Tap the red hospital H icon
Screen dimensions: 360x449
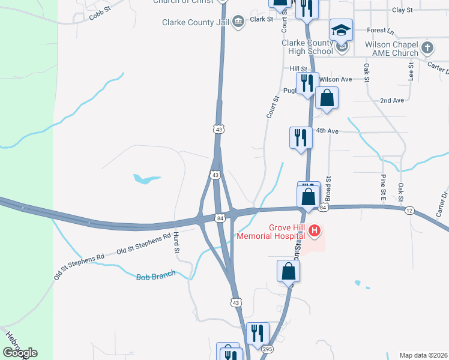tap(313, 230)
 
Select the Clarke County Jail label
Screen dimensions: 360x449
tap(196, 22)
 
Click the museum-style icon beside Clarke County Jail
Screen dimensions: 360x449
tap(238, 22)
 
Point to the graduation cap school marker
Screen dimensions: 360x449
tap(340, 30)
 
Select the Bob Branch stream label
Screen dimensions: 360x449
tap(155, 275)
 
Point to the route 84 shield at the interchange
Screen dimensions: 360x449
tap(221, 217)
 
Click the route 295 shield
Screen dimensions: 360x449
tap(267, 349)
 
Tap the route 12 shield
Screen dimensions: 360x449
tap(409, 210)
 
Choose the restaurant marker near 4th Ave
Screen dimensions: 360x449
tap(300, 138)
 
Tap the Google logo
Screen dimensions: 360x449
tap(20, 353)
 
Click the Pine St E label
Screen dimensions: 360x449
tap(382, 187)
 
